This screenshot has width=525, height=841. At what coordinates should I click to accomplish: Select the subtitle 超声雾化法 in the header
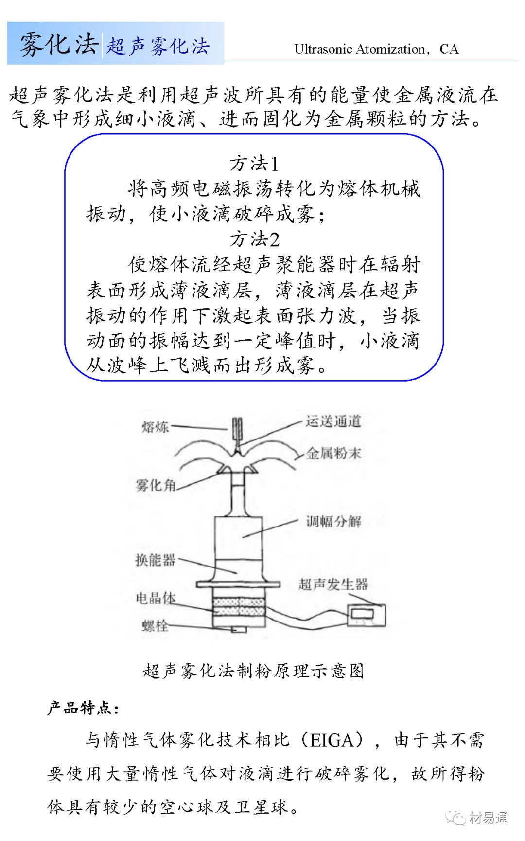(158, 46)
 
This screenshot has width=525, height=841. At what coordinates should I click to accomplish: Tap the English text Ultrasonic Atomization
(360, 49)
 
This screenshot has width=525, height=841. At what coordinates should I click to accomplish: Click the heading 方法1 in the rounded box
(254, 164)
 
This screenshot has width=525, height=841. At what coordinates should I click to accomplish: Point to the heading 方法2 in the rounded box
(254, 239)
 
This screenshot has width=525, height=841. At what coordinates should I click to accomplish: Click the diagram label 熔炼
(155, 427)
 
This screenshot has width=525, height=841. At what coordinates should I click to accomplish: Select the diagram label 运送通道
(333, 421)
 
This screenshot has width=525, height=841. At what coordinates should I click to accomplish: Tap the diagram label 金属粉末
(333, 454)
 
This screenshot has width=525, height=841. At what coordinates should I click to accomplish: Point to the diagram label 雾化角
(155, 485)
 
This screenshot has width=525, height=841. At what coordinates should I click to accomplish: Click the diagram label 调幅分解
(333, 522)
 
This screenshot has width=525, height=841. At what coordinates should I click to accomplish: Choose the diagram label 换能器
(155, 560)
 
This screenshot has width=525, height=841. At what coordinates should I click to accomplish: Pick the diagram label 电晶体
(155, 598)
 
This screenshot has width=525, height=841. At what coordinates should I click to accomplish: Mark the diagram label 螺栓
(155, 625)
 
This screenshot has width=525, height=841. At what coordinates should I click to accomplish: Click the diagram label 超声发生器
(333, 584)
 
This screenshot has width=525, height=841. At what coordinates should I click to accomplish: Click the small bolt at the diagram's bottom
(239, 629)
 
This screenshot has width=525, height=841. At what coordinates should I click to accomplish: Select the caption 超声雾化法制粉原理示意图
(253, 671)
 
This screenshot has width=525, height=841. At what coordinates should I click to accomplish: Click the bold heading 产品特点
(83, 708)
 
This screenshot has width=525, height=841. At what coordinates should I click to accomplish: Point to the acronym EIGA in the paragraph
(331, 740)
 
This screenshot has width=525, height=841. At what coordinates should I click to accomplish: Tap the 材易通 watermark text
(489, 818)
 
